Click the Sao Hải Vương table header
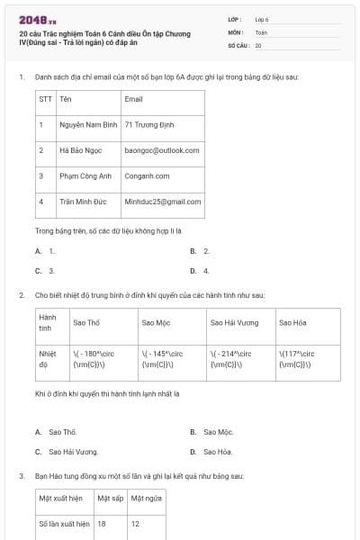[234, 322]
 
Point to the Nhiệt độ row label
[48, 359]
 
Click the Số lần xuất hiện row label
[64, 523]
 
